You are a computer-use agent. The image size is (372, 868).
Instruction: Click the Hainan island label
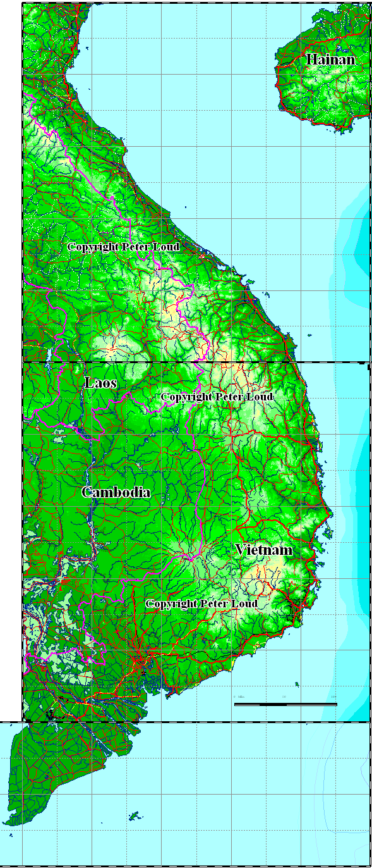click(x=330, y=59)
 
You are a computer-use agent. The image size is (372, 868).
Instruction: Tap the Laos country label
click(x=100, y=382)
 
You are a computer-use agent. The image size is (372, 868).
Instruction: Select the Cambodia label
click(x=116, y=492)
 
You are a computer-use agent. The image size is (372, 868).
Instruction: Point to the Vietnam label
click(x=264, y=550)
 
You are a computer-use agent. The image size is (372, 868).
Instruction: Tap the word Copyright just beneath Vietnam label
click(x=172, y=604)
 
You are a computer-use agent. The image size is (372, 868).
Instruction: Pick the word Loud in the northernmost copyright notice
click(x=167, y=247)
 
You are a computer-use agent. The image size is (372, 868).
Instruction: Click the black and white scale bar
click(x=285, y=704)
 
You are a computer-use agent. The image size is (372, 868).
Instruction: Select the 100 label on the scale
click(x=333, y=697)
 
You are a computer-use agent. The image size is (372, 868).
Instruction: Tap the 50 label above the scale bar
click(x=285, y=697)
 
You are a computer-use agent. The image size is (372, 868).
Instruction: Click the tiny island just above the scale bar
click(x=297, y=684)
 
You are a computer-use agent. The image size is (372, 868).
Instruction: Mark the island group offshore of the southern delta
click(x=134, y=815)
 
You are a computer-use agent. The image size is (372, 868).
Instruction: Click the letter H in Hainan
click(x=311, y=59)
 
